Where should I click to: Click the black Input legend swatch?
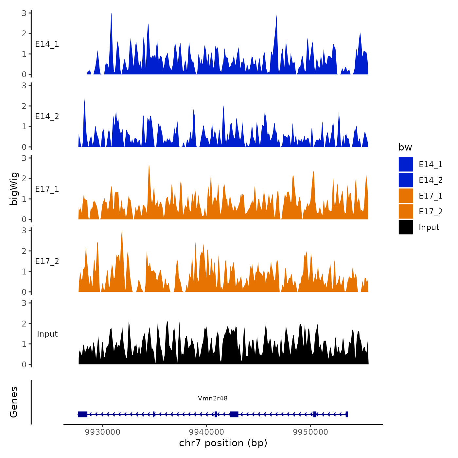406,227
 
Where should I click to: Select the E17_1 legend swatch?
406,196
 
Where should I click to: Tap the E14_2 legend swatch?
406,180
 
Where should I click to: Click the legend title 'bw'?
405,147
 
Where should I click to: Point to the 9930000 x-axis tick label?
103,432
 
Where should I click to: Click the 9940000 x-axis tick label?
207,432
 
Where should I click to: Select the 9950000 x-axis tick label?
310,432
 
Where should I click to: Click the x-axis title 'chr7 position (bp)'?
223,443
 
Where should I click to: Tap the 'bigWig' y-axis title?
14,189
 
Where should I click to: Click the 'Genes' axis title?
14,402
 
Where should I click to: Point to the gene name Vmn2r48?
213,398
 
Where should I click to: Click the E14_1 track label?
47,44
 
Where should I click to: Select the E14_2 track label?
47,116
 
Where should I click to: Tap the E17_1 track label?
47,189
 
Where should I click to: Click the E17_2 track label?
47,261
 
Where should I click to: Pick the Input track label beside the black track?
47,334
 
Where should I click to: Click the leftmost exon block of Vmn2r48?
82,414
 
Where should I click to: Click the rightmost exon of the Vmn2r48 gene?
346,414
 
